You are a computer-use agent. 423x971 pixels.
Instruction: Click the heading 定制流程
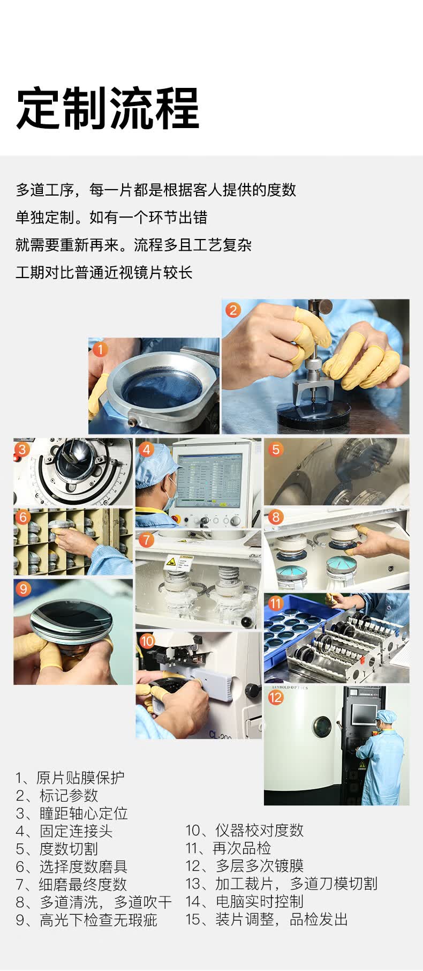click(108, 108)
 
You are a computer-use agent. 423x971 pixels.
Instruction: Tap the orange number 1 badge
click(100, 349)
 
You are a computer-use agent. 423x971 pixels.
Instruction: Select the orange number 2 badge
click(233, 310)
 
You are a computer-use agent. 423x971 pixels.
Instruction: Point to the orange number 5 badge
click(276, 449)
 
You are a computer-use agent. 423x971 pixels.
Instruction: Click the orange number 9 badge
click(23, 589)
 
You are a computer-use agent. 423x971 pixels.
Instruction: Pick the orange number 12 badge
click(276, 697)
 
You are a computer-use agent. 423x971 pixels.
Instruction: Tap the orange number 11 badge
click(276, 603)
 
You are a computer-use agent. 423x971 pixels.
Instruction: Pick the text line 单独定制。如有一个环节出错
click(111, 218)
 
